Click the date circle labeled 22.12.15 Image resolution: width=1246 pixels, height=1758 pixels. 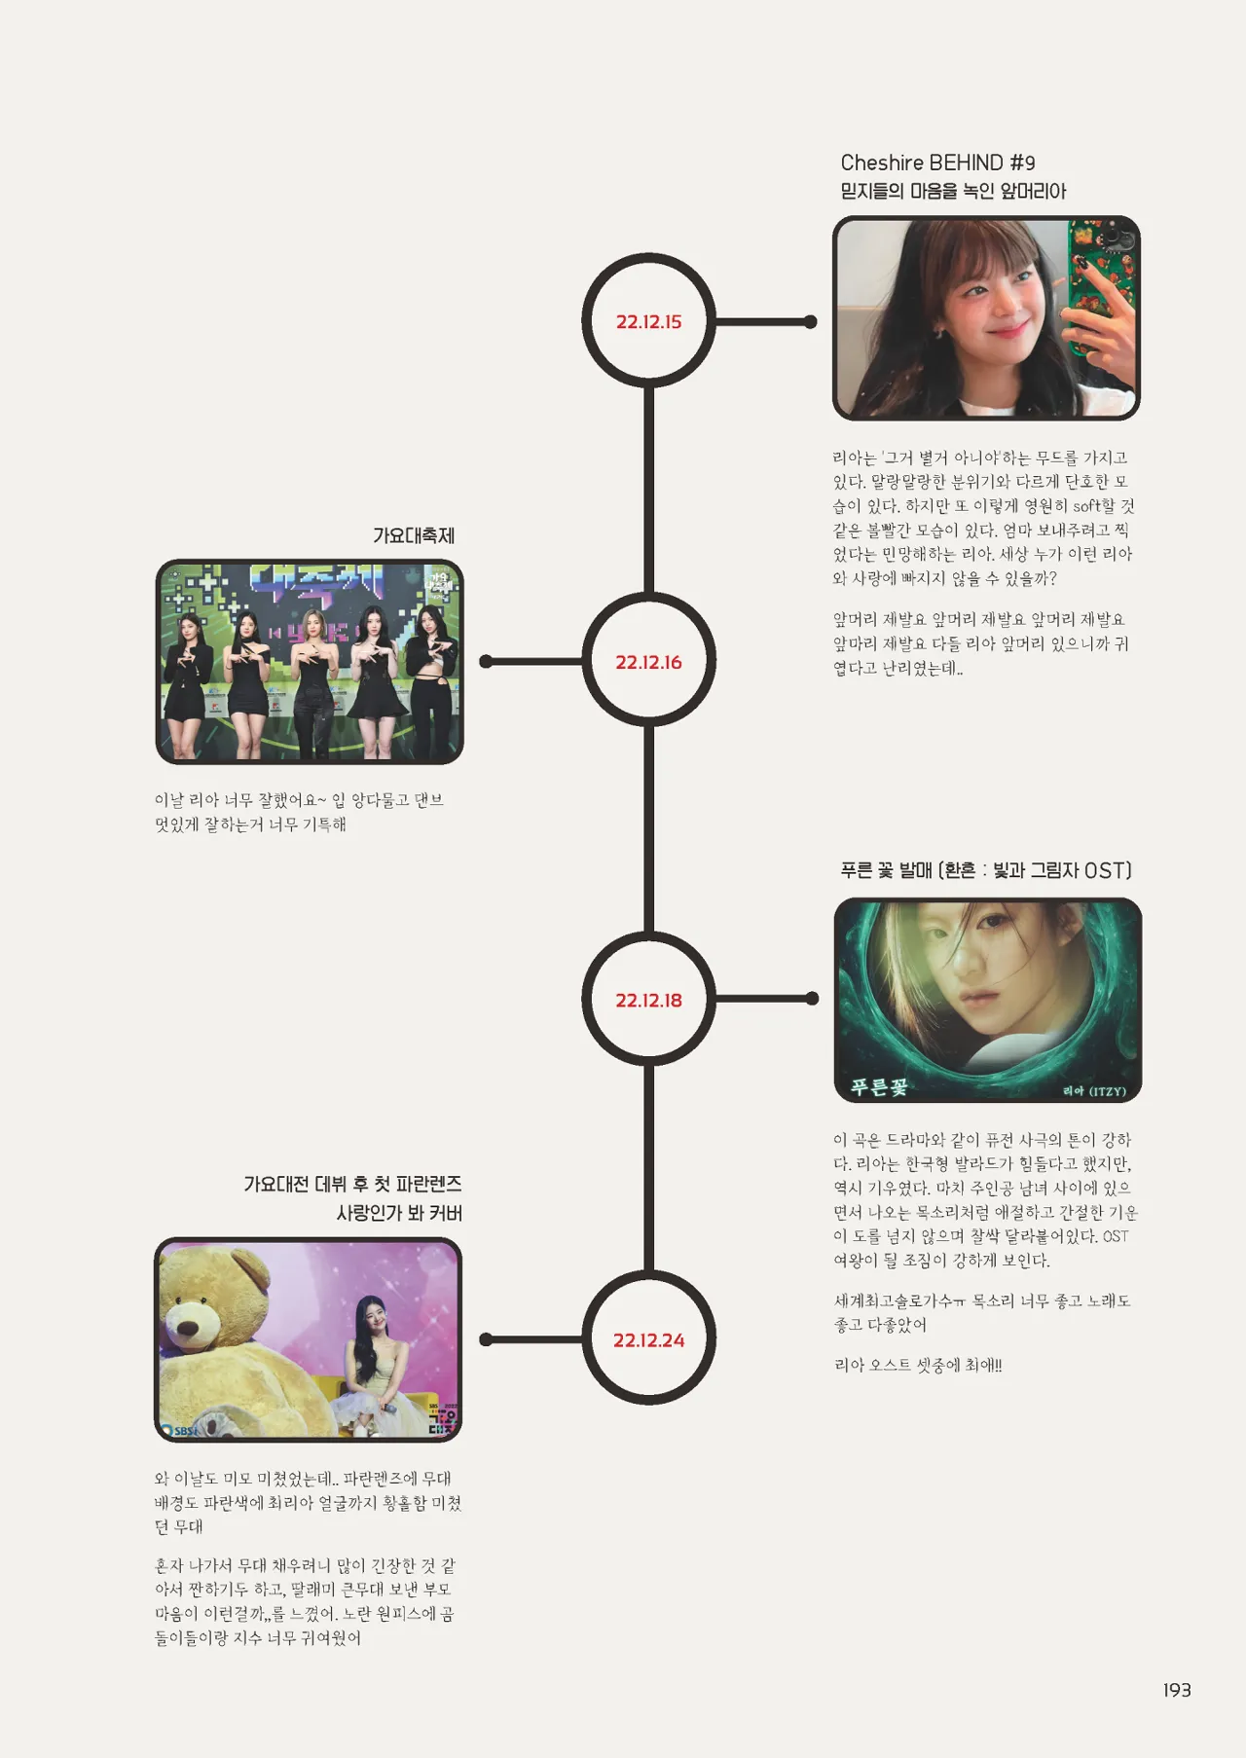click(648, 321)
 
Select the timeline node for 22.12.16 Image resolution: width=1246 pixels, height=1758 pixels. click(648, 662)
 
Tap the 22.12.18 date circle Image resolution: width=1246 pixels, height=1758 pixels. click(648, 1000)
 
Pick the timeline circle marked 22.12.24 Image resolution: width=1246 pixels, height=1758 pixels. click(648, 1340)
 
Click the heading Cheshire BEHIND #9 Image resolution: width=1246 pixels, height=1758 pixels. click(937, 163)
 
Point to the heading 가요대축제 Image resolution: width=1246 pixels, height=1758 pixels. click(414, 535)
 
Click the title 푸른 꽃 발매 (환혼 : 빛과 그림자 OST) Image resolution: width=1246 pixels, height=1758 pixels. click(985, 870)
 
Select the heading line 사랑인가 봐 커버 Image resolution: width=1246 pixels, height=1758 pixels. click(399, 1213)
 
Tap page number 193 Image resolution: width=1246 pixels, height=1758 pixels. click(1177, 1690)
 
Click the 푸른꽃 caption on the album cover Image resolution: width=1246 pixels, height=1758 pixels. click(879, 1086)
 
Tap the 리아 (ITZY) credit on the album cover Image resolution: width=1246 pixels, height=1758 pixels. click(1094, 1091)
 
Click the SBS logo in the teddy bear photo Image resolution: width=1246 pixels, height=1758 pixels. click(181, 1431)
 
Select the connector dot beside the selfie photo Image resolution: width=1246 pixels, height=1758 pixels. click(811, 322)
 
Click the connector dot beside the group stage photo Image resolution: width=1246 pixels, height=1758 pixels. click(486, 662)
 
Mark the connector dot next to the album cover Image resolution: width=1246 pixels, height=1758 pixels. click(813, 999)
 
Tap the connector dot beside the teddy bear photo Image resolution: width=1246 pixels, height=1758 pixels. click(486, 1340)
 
